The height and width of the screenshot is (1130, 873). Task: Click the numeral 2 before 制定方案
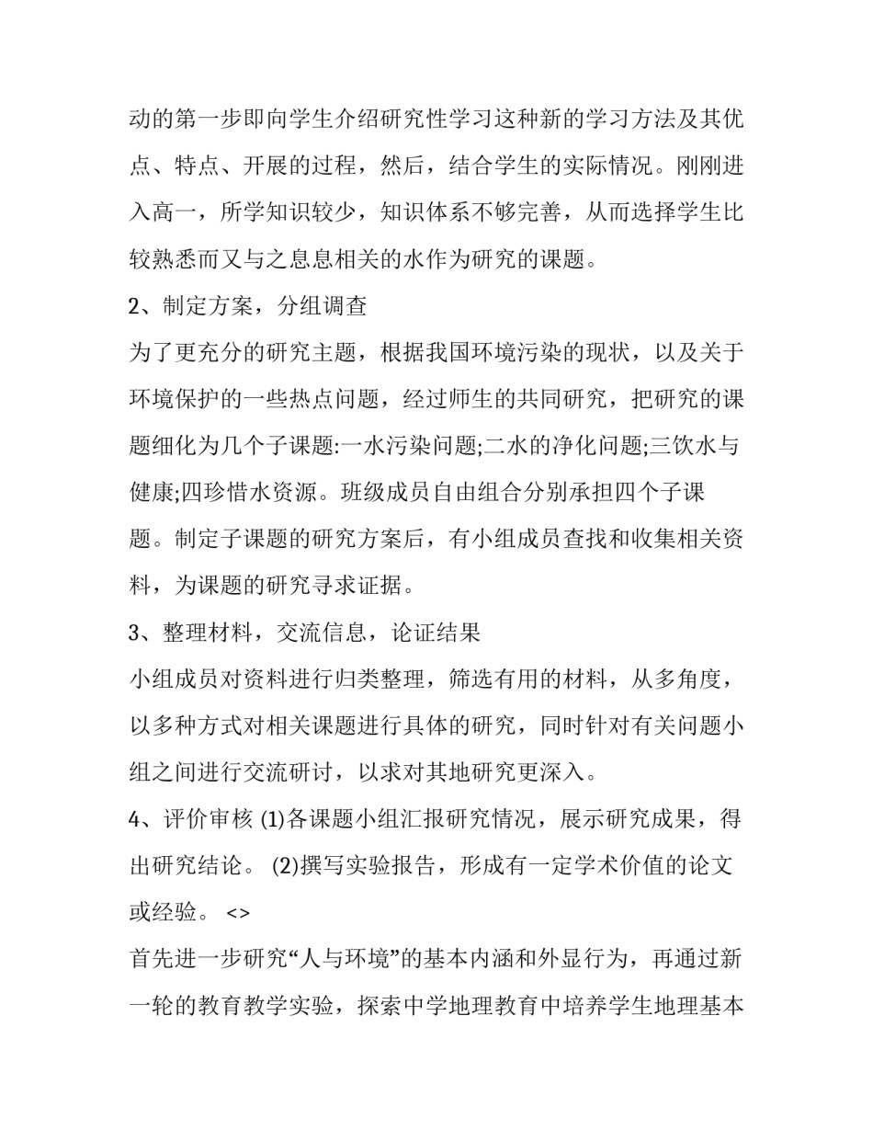134,306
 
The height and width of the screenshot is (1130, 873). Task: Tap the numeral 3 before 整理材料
134,633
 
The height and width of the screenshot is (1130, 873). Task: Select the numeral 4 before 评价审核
134,819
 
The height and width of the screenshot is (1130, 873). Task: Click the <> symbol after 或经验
237,913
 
